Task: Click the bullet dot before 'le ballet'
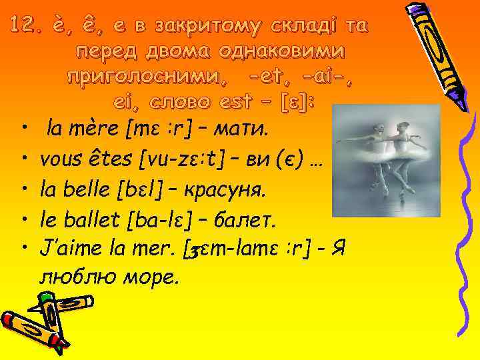click(23, 219)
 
